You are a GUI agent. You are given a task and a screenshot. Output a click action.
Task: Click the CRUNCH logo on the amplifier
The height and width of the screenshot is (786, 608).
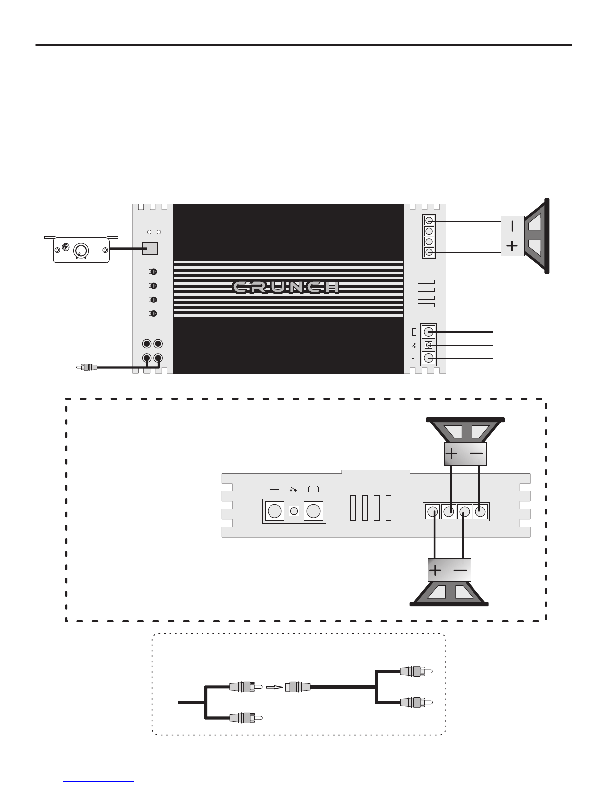[285, 287]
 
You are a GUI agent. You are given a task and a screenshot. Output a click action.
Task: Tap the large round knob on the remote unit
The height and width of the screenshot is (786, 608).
[81, 250]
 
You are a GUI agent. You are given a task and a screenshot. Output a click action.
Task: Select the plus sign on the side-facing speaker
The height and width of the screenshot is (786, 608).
[512, 246]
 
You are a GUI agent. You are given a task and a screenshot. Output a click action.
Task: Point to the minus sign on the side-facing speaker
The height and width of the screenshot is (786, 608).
[512, 226]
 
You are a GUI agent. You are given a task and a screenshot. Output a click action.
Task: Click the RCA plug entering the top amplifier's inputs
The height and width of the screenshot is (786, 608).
[87, 367]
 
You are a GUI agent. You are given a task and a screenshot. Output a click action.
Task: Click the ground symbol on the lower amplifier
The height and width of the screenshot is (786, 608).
[274, 490]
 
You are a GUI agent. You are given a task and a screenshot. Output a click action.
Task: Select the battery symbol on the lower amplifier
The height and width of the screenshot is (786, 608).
[313, 489]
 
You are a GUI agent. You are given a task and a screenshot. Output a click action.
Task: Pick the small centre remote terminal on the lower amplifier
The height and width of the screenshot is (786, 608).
[294, 511]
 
